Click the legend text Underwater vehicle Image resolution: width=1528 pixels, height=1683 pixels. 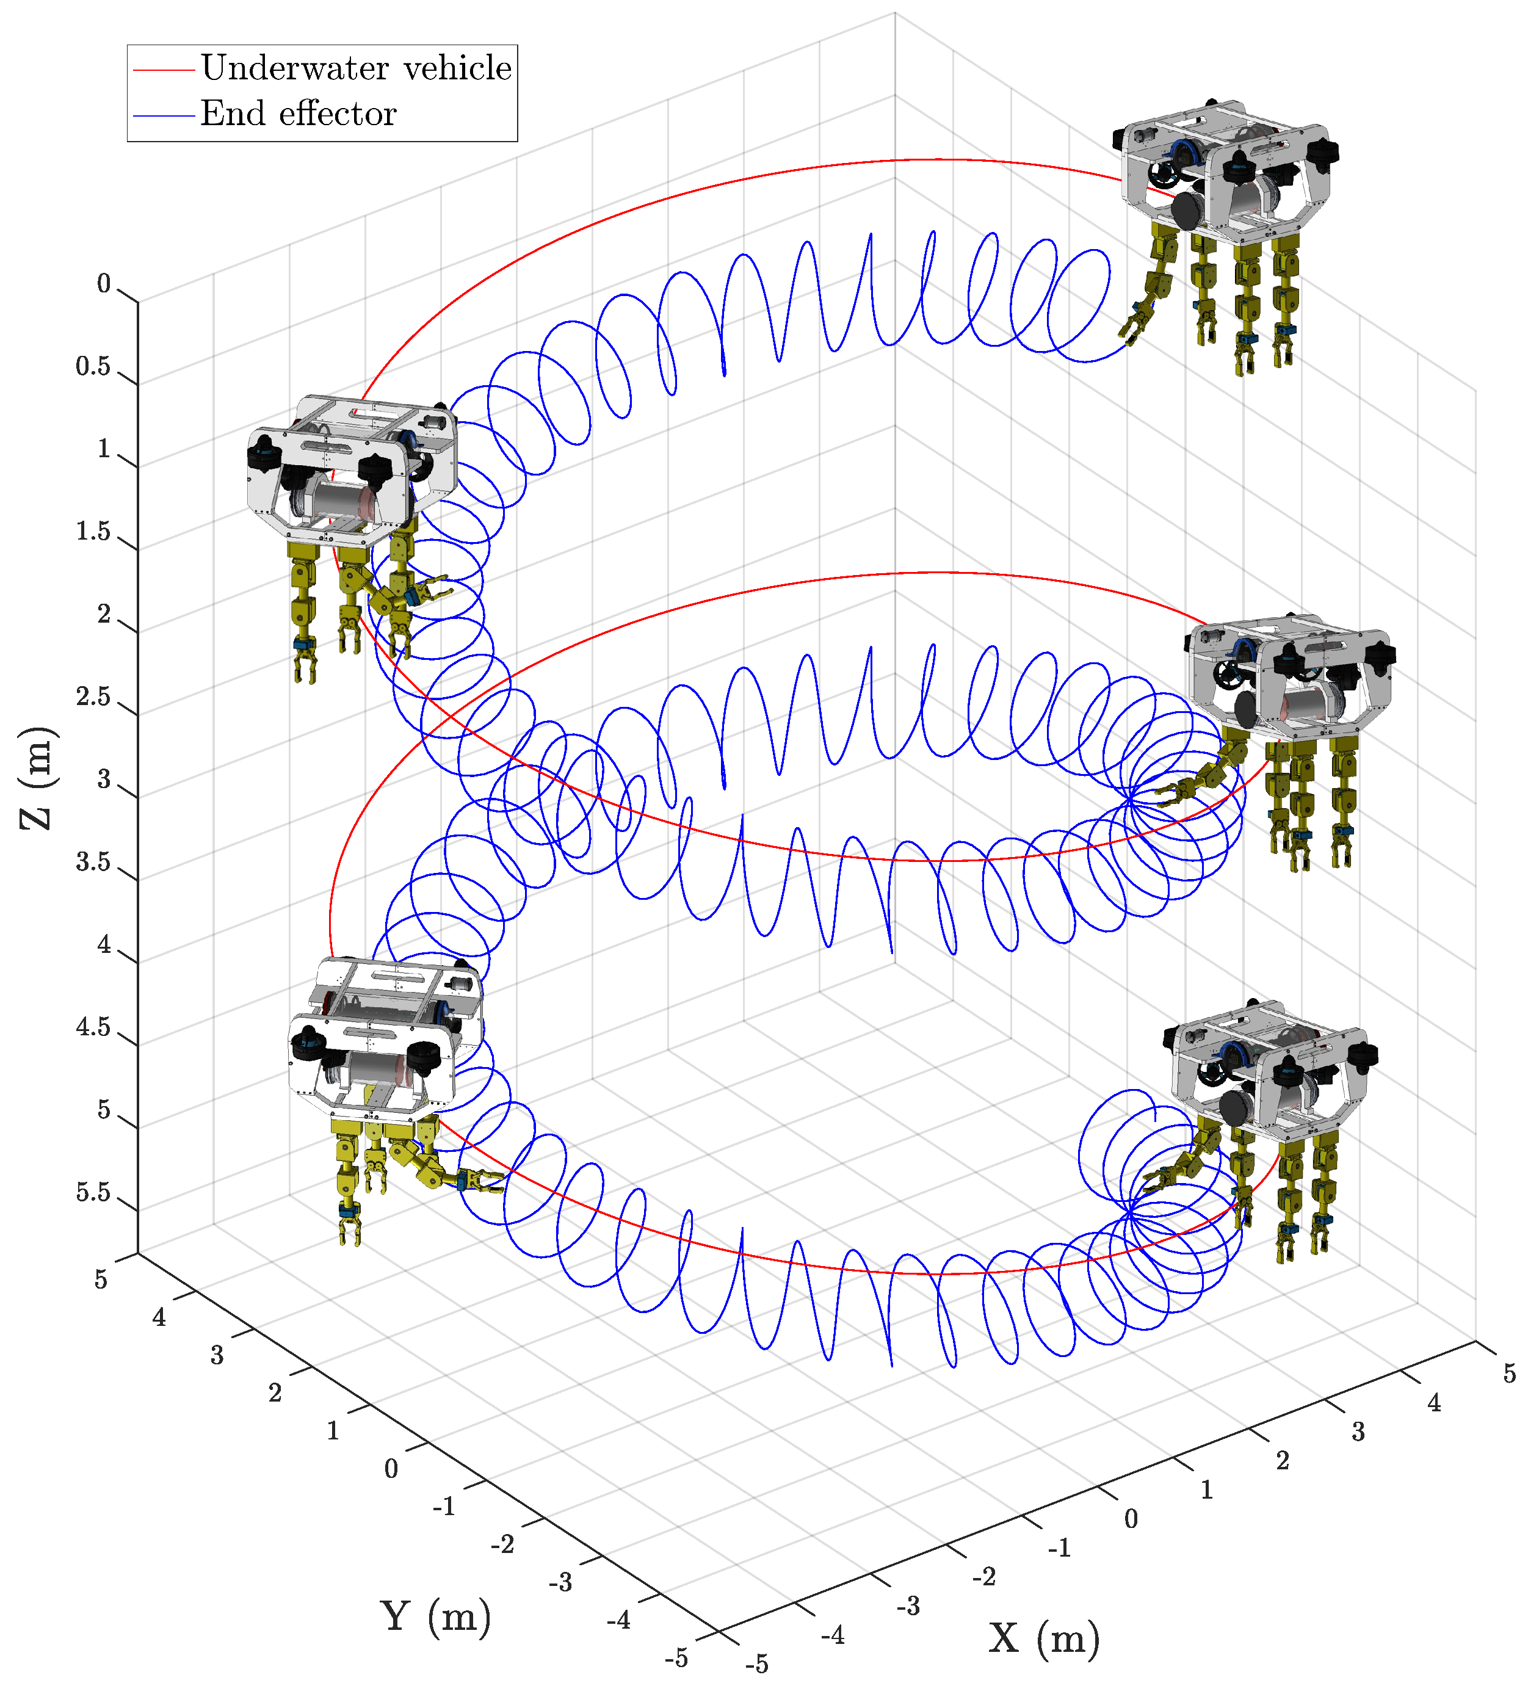(x=356, y=68)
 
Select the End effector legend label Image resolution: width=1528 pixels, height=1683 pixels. (x=298, y=114)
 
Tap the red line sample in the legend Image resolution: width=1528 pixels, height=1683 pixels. (x=164, y=70)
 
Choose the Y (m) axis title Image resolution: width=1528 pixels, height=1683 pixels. (x=436, y=1616)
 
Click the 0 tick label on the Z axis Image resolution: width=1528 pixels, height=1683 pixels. (x=104, y=284)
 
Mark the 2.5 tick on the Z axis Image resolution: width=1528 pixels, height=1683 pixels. (x=93, y=697)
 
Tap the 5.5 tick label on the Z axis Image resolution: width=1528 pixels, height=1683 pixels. (x=93, y=1192)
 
